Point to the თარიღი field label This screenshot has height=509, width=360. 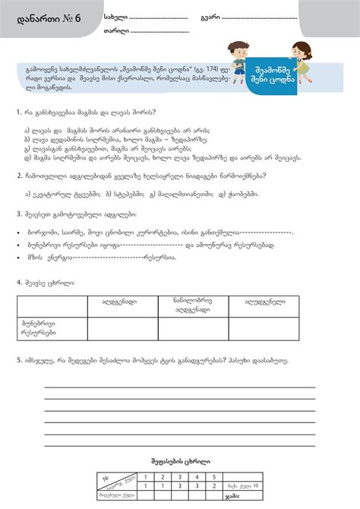click(115, 32)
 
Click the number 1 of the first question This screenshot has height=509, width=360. click(17, 112)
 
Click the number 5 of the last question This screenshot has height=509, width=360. click(17, 361)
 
